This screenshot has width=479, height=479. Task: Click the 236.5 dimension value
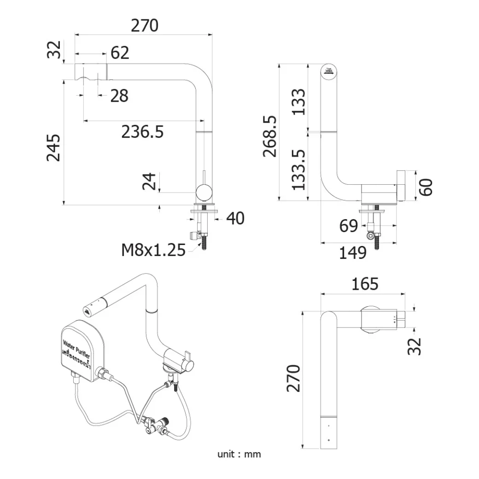coord(142,132)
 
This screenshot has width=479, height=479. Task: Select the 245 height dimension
coord(54,147)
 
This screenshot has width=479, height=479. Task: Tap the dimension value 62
coord(120,53)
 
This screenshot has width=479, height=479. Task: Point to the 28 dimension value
coord(119,96)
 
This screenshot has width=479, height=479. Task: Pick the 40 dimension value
coord(235,219)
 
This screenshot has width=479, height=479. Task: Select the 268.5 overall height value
coord(270,136)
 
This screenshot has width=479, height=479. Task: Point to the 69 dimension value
coord(348,226)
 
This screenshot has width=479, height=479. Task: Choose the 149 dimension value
coord(353,252)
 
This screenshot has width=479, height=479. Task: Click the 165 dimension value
coord(364,284)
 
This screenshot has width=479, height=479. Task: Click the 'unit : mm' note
coord(239,454)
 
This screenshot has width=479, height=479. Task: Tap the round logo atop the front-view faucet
coord(328,71)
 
